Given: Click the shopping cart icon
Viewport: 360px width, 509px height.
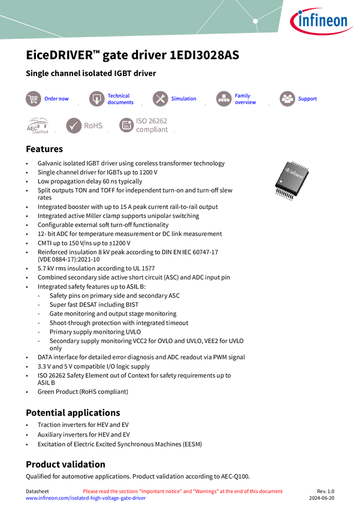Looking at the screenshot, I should coord(33,99).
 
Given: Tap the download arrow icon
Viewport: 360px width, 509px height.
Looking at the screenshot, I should coord(96,99).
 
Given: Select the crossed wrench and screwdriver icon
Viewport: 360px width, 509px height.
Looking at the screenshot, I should coord(160,99).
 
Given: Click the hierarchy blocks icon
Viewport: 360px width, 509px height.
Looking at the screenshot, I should coord(223,99).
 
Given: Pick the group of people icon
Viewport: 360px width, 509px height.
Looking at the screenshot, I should coord(287,99).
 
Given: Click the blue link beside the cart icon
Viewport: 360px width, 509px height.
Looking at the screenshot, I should coord(57,99).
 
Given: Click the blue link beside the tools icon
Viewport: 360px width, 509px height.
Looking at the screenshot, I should coord(183,99).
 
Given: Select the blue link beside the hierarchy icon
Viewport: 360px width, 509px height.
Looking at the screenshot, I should coord(245,99).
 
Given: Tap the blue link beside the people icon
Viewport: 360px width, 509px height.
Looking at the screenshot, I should coord(308,99).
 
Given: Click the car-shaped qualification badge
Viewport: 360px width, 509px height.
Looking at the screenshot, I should coord(37,126).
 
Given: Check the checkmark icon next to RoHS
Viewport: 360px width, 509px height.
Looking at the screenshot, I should coord(74,126).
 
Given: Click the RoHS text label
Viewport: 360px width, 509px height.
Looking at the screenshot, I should coord(94,126).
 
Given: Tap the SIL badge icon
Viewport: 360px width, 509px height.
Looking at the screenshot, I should coord(126,125).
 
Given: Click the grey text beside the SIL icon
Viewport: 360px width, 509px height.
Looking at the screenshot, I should coord(153,125).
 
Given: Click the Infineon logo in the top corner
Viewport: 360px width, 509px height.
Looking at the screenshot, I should coord(322,22).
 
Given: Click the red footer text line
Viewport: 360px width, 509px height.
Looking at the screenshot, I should coord(183,491).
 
